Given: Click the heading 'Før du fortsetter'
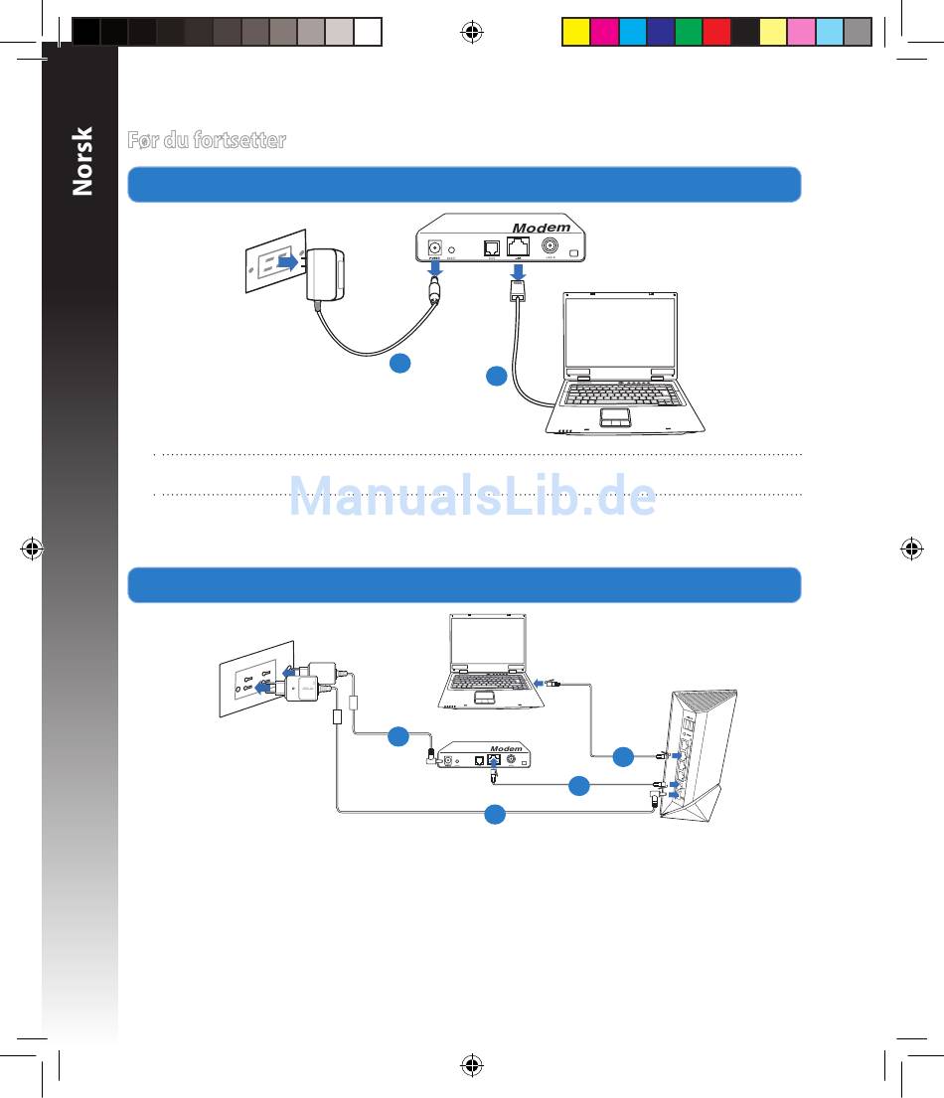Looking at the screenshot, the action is point(207,140).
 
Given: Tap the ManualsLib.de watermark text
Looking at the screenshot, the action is point(472,497).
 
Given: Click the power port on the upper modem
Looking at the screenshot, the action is point(434,249).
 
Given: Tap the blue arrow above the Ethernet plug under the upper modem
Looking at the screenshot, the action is point(518,270).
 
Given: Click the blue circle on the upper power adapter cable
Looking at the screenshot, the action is point(399,365).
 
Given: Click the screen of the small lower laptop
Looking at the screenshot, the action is point(487,643).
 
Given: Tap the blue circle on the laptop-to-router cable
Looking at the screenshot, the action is point(623,757).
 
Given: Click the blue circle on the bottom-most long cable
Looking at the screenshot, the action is point(495,814).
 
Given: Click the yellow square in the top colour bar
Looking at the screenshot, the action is point(576,32).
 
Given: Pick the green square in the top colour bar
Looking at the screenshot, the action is point(689,32).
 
